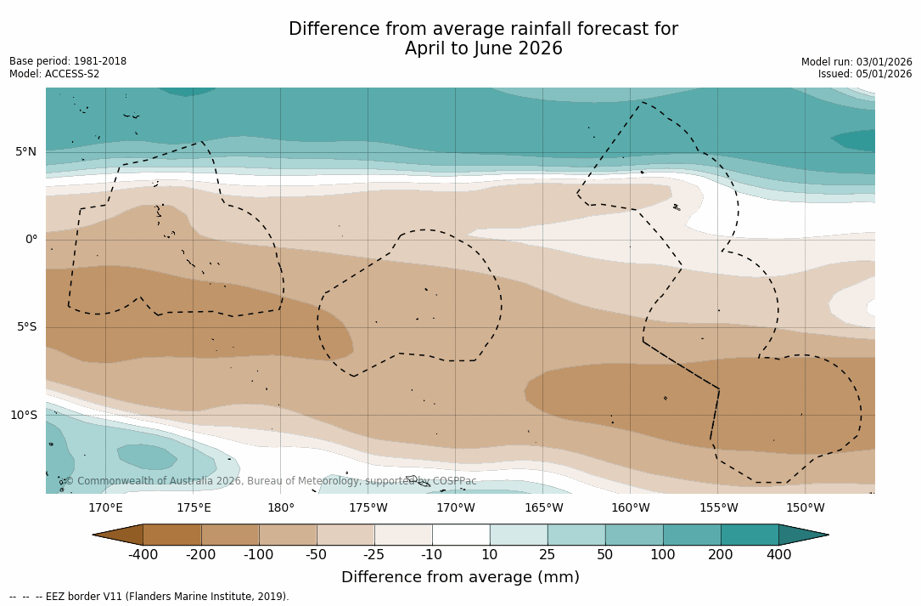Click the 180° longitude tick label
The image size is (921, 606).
tap(280, 508)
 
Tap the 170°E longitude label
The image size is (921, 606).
tap(105, 508)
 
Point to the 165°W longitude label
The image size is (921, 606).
tap(543, 508)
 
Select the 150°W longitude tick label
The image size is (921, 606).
tap(805, 508)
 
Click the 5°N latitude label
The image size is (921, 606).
tap(25, 152)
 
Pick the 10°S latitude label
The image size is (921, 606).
tap(23, 416)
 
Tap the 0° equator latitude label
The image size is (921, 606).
tap(31, 240)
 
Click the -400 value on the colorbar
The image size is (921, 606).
tap(143, 555)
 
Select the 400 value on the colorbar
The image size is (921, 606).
tap(778, 555)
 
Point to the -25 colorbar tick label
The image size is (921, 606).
tap(374, 555)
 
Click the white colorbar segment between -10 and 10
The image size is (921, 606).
tap(461, 535)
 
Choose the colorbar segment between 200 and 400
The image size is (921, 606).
tap(750, 535)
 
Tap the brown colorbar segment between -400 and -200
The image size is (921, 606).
tap(172, 535)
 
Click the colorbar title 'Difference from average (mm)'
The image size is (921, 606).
tap(460, 578)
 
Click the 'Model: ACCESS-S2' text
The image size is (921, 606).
tap(54, 74)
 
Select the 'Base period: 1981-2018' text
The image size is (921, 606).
tap(68, 61)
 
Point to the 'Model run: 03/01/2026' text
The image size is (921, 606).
tap(856, 62)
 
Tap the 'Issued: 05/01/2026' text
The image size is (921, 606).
tap(865, 74)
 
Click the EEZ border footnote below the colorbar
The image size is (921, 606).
tap(149, 597)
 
